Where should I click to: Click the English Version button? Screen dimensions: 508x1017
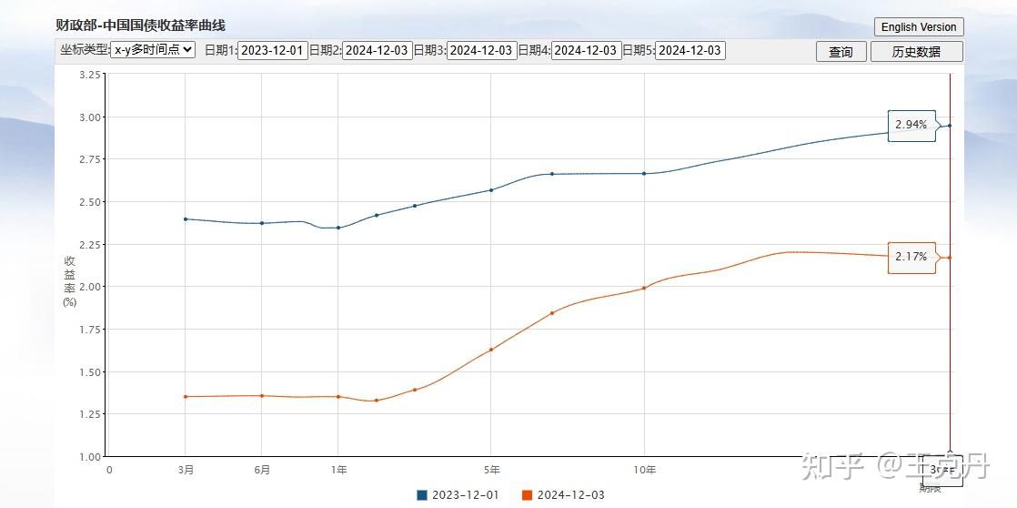918,27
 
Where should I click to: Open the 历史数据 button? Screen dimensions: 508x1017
916,52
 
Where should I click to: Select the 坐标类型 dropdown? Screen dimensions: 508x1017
152,50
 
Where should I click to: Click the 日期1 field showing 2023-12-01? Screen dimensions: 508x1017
271,51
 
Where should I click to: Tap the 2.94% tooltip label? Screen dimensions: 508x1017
911,125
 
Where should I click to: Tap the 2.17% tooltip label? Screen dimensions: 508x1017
911,258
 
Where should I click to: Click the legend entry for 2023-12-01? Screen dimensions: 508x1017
458,495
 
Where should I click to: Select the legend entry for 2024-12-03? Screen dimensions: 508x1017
563,495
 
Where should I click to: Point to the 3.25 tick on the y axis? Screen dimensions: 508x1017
90,75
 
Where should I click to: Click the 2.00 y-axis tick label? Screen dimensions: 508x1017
90,287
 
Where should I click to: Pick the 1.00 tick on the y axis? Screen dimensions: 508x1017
90,457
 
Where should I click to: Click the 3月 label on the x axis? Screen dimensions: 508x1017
186,470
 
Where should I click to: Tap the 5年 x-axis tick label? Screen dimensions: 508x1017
491,470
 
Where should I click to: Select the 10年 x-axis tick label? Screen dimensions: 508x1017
644,470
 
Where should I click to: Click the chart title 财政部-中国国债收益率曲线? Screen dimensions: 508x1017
140,25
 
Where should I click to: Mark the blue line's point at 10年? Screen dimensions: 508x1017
644,173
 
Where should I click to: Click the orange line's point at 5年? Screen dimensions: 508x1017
491,350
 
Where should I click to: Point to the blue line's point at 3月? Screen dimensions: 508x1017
186,218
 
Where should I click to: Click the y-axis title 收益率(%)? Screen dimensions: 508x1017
70,281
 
